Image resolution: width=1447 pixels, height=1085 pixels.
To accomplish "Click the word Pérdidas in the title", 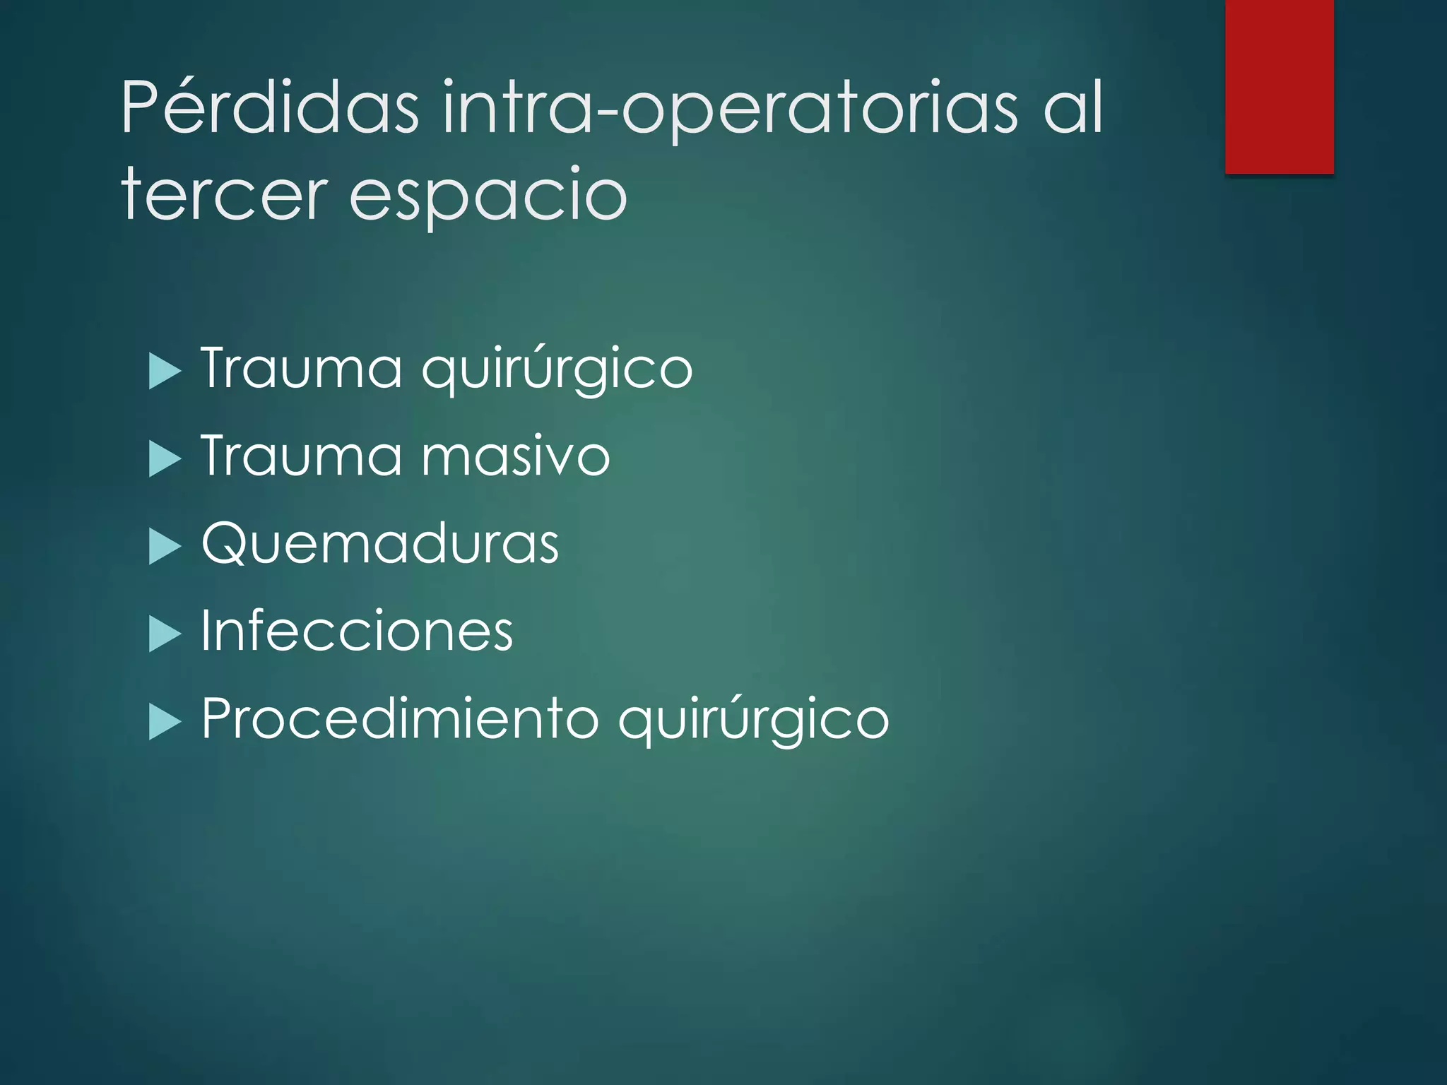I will (x=269, y=108).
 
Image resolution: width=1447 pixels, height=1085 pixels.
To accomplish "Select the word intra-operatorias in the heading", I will (x=731, y=108).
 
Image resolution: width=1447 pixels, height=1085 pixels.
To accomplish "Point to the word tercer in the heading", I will (x=225, y=194).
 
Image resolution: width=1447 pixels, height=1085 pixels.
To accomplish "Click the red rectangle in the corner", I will (x=1279, y=86).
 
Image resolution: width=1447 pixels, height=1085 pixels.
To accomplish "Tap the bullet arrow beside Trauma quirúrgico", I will (x=165, y=372).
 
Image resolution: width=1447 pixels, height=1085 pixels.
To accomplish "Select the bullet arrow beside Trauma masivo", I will (x=165, y=459).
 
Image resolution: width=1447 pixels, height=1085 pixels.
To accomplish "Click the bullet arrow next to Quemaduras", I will (x=165, y=547).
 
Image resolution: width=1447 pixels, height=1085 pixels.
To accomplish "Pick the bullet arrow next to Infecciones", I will (x=165, y=634).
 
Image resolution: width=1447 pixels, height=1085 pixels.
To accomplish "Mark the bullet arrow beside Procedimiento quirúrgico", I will (x=165, y=722).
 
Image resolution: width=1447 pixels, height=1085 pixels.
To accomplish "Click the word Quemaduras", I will (x=380, y=544).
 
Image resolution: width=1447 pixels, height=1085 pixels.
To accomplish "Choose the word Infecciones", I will (x=357, y=631).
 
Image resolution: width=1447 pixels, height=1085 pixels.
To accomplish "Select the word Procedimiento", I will (x=400, y=718).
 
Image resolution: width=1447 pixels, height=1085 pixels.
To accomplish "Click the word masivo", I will (x=516, y=457).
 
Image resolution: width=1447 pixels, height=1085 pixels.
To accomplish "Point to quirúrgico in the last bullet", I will (x=753, y=721).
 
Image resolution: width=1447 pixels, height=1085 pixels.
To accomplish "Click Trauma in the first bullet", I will (x=302, y=368).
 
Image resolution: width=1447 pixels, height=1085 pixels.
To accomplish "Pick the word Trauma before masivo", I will (x=302, y=456).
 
